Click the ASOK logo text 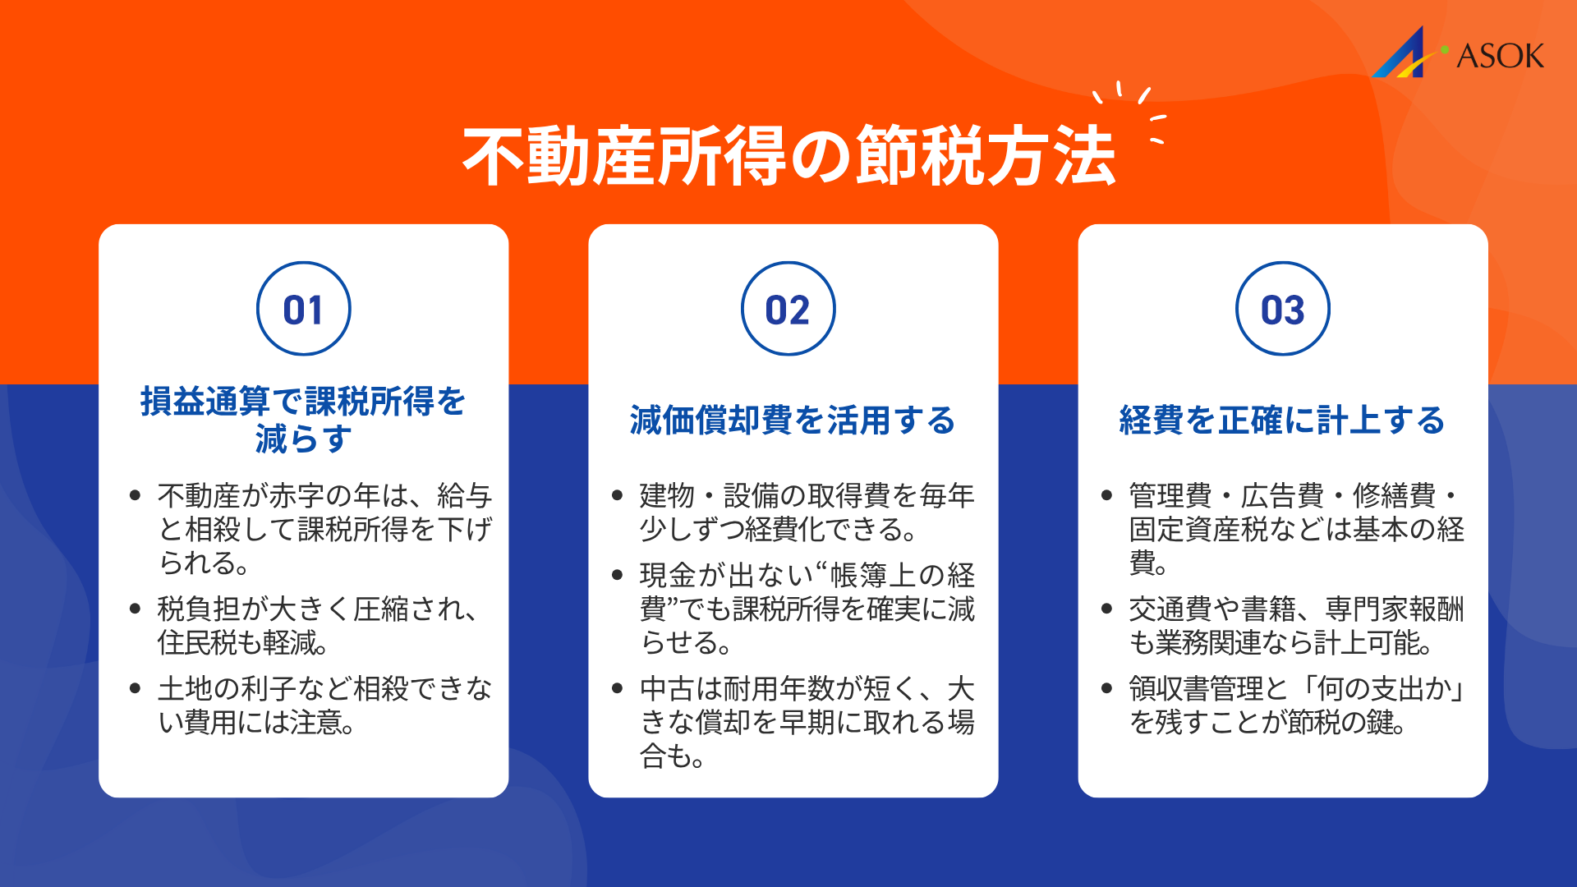click(x=1500, y=56)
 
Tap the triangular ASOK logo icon click(x=1403, y=56)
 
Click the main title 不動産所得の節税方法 click(x=788, y=157)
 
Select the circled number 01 click(x=303, y=310)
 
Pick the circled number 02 click(x=788, y=310)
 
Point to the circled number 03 click(x=1282, y=310)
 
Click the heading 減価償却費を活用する click(x=793, y=421)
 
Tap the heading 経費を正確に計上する click(x=1282, y=421)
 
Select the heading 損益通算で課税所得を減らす click(x=303, y=420)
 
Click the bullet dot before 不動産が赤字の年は click(x=136, y=495)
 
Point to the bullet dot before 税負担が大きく click(x=136, y=609)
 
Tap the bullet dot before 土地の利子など click(x=136, y=688)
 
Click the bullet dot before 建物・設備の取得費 click(x=618, y=495)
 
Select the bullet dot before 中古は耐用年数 click(x=618, y=688)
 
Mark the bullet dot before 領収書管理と click(x=1106, y=688)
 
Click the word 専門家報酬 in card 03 click(x=1394, y=609)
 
